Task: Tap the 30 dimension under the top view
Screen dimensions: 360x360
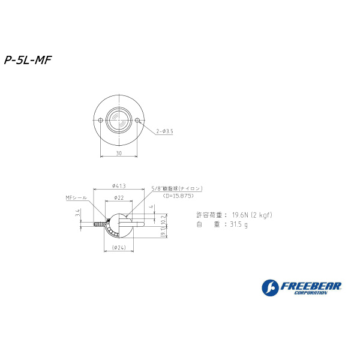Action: [x=119, y=154]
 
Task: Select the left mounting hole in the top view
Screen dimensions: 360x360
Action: [x=100, y=121]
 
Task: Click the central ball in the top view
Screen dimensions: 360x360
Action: [x=119, y=121]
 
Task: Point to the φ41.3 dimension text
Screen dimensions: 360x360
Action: [x=118, y=185]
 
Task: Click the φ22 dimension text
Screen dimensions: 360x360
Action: [x=118, y=197]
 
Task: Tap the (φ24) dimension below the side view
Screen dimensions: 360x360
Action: [x=118, y=248]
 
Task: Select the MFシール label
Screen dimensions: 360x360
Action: [x=76, y=197]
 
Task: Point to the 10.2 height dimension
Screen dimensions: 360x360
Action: [x=163, y=221]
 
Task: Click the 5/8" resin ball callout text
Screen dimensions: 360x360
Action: [x=177, y=188]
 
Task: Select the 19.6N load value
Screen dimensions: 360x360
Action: [x=241, y=214]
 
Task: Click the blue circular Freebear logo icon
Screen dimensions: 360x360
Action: [x=270, y=288]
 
